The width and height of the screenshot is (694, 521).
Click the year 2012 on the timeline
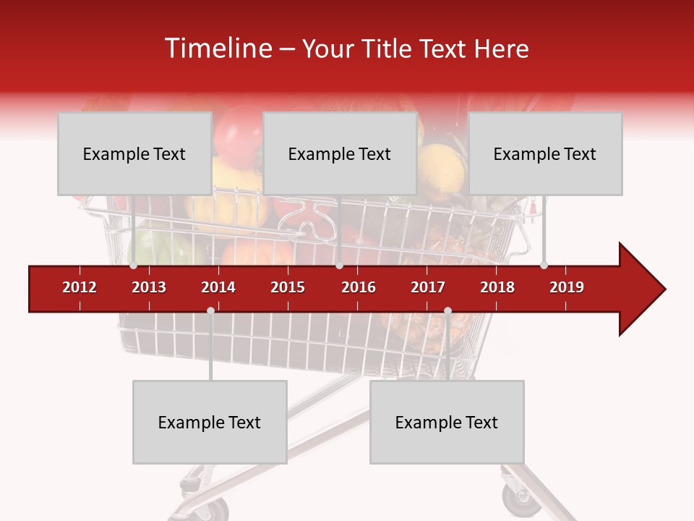click(80, 287)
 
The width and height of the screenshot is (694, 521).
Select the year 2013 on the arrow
click(149, 287)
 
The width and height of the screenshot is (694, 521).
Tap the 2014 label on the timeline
click(218, 287)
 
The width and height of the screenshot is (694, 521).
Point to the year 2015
click(288, 287)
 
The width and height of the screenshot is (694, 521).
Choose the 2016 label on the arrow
click(359, 287)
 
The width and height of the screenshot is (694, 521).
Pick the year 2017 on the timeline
click(428, 287)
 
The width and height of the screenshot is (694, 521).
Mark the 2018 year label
click(497, 287)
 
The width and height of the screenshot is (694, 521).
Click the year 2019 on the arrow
click(567, 287)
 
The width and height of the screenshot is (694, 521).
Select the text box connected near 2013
click(134, 153)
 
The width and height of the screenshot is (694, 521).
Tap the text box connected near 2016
click(339, 153)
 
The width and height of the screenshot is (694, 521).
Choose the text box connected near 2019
click(545, 153)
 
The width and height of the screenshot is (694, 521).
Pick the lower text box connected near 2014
click(210, 422)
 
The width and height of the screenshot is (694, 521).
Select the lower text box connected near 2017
click(447, 422)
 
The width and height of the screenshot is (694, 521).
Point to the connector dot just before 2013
click(134, 266)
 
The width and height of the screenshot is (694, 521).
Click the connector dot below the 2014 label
click(210, 310)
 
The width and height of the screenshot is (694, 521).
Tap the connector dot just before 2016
click(339, 266)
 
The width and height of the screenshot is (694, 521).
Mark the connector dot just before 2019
click(544, 266)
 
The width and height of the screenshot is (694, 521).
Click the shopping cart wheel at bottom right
click(516, 500)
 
